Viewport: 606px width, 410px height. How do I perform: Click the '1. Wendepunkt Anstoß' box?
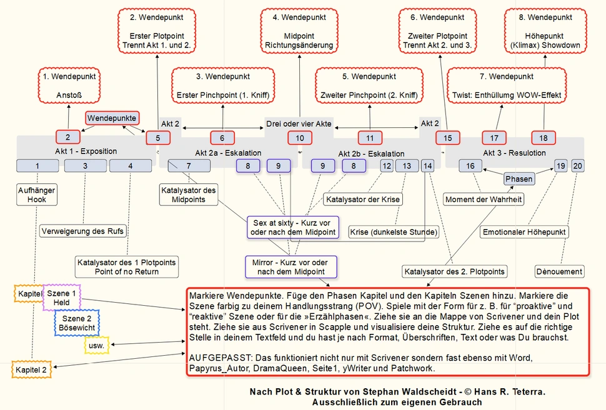point(69,85)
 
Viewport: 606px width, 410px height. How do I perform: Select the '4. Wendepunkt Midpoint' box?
point(299,31)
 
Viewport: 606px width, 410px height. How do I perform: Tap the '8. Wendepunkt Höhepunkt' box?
point(545,31)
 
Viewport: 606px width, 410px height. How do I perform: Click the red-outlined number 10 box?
point(300,138)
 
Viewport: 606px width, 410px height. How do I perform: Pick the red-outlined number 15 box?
point(447,138)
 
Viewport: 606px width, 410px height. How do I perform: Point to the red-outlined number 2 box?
point(68,137)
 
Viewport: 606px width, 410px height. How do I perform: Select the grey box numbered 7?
point(189,166)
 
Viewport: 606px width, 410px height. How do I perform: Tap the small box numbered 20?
point(577,166)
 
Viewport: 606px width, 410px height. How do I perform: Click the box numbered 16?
point(470,166)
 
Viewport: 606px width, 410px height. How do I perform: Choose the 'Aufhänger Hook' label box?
point(37,195)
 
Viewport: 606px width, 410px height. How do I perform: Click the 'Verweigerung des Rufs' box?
point(82,232)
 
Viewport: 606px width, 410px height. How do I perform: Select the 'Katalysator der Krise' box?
point(363,199)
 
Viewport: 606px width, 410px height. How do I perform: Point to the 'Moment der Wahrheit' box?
point(484,199)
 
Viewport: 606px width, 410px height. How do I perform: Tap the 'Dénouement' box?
point(559,271)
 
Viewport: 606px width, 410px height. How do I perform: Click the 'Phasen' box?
point(519,178)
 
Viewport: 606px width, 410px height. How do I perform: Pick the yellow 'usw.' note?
point(97,346)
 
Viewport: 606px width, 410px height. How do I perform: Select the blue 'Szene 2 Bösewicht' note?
point(77,323)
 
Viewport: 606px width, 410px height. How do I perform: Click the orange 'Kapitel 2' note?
point(31,370)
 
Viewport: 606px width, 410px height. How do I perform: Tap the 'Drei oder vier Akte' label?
point(299,124)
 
